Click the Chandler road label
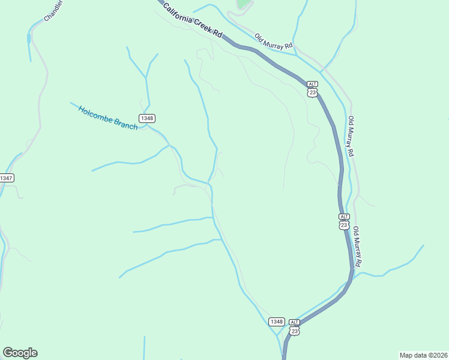(x=53, y=12)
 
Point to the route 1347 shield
(x=7, y=178)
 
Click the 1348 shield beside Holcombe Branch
(x=146, y=118)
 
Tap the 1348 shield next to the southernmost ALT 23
(x=276, y=322)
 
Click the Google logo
(x=20, y=353)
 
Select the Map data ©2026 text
(x=423, y=355)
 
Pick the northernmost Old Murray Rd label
(x=273, y=41)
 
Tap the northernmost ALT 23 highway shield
(x=312, y=89)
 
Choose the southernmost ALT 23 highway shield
(x=294, y=327)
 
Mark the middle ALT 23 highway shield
(x=343, y=221)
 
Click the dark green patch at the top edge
(x=243, y=4)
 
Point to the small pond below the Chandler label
(x=29, y=38)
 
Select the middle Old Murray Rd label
(x=351, y=136)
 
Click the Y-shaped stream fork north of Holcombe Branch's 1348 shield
(x=146, y=77)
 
